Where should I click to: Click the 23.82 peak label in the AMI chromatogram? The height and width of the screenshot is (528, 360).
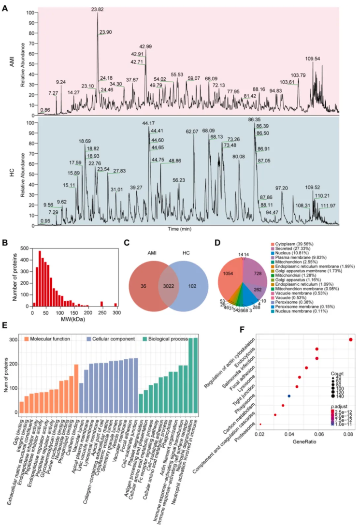[x=98, y=9]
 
